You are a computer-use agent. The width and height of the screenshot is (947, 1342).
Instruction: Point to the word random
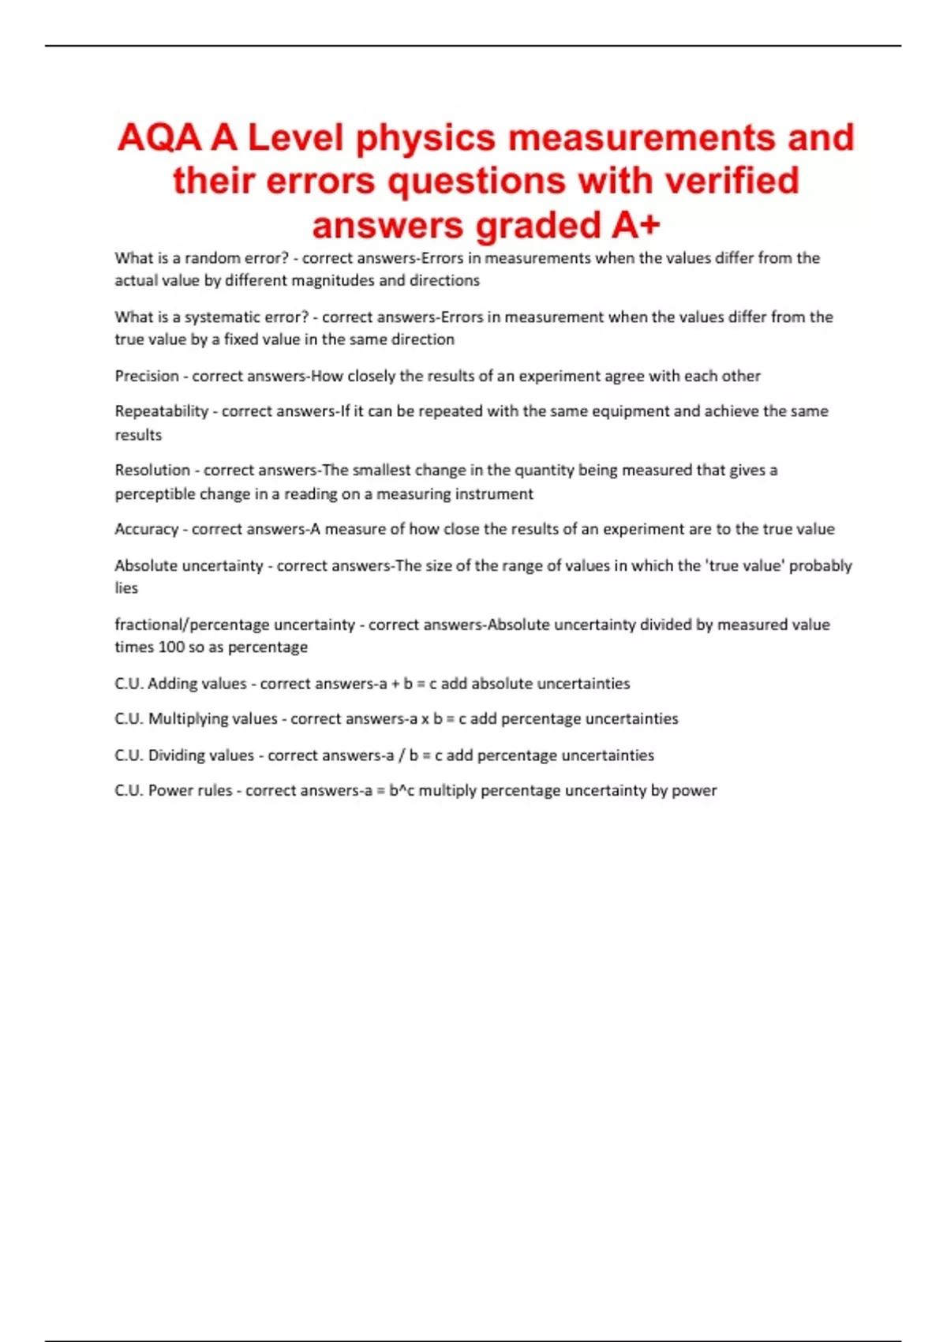[x=212, y=258]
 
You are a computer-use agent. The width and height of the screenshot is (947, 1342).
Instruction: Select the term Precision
[x=147, y=377]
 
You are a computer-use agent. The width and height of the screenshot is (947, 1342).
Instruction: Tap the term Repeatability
[x=162, y=411]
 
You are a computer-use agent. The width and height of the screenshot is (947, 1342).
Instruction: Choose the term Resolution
[x=152, y=470]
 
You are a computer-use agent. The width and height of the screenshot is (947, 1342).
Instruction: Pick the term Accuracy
[x=147, y=529]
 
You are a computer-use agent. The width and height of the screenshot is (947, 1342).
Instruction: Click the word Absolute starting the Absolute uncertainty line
[x=146, y=565]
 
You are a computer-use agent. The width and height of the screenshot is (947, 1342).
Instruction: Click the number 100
[x=171, y=647]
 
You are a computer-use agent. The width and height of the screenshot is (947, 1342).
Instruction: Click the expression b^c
[x=402, y=791]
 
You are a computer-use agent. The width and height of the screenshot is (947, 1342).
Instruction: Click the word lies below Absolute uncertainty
[x=126, y=588]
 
